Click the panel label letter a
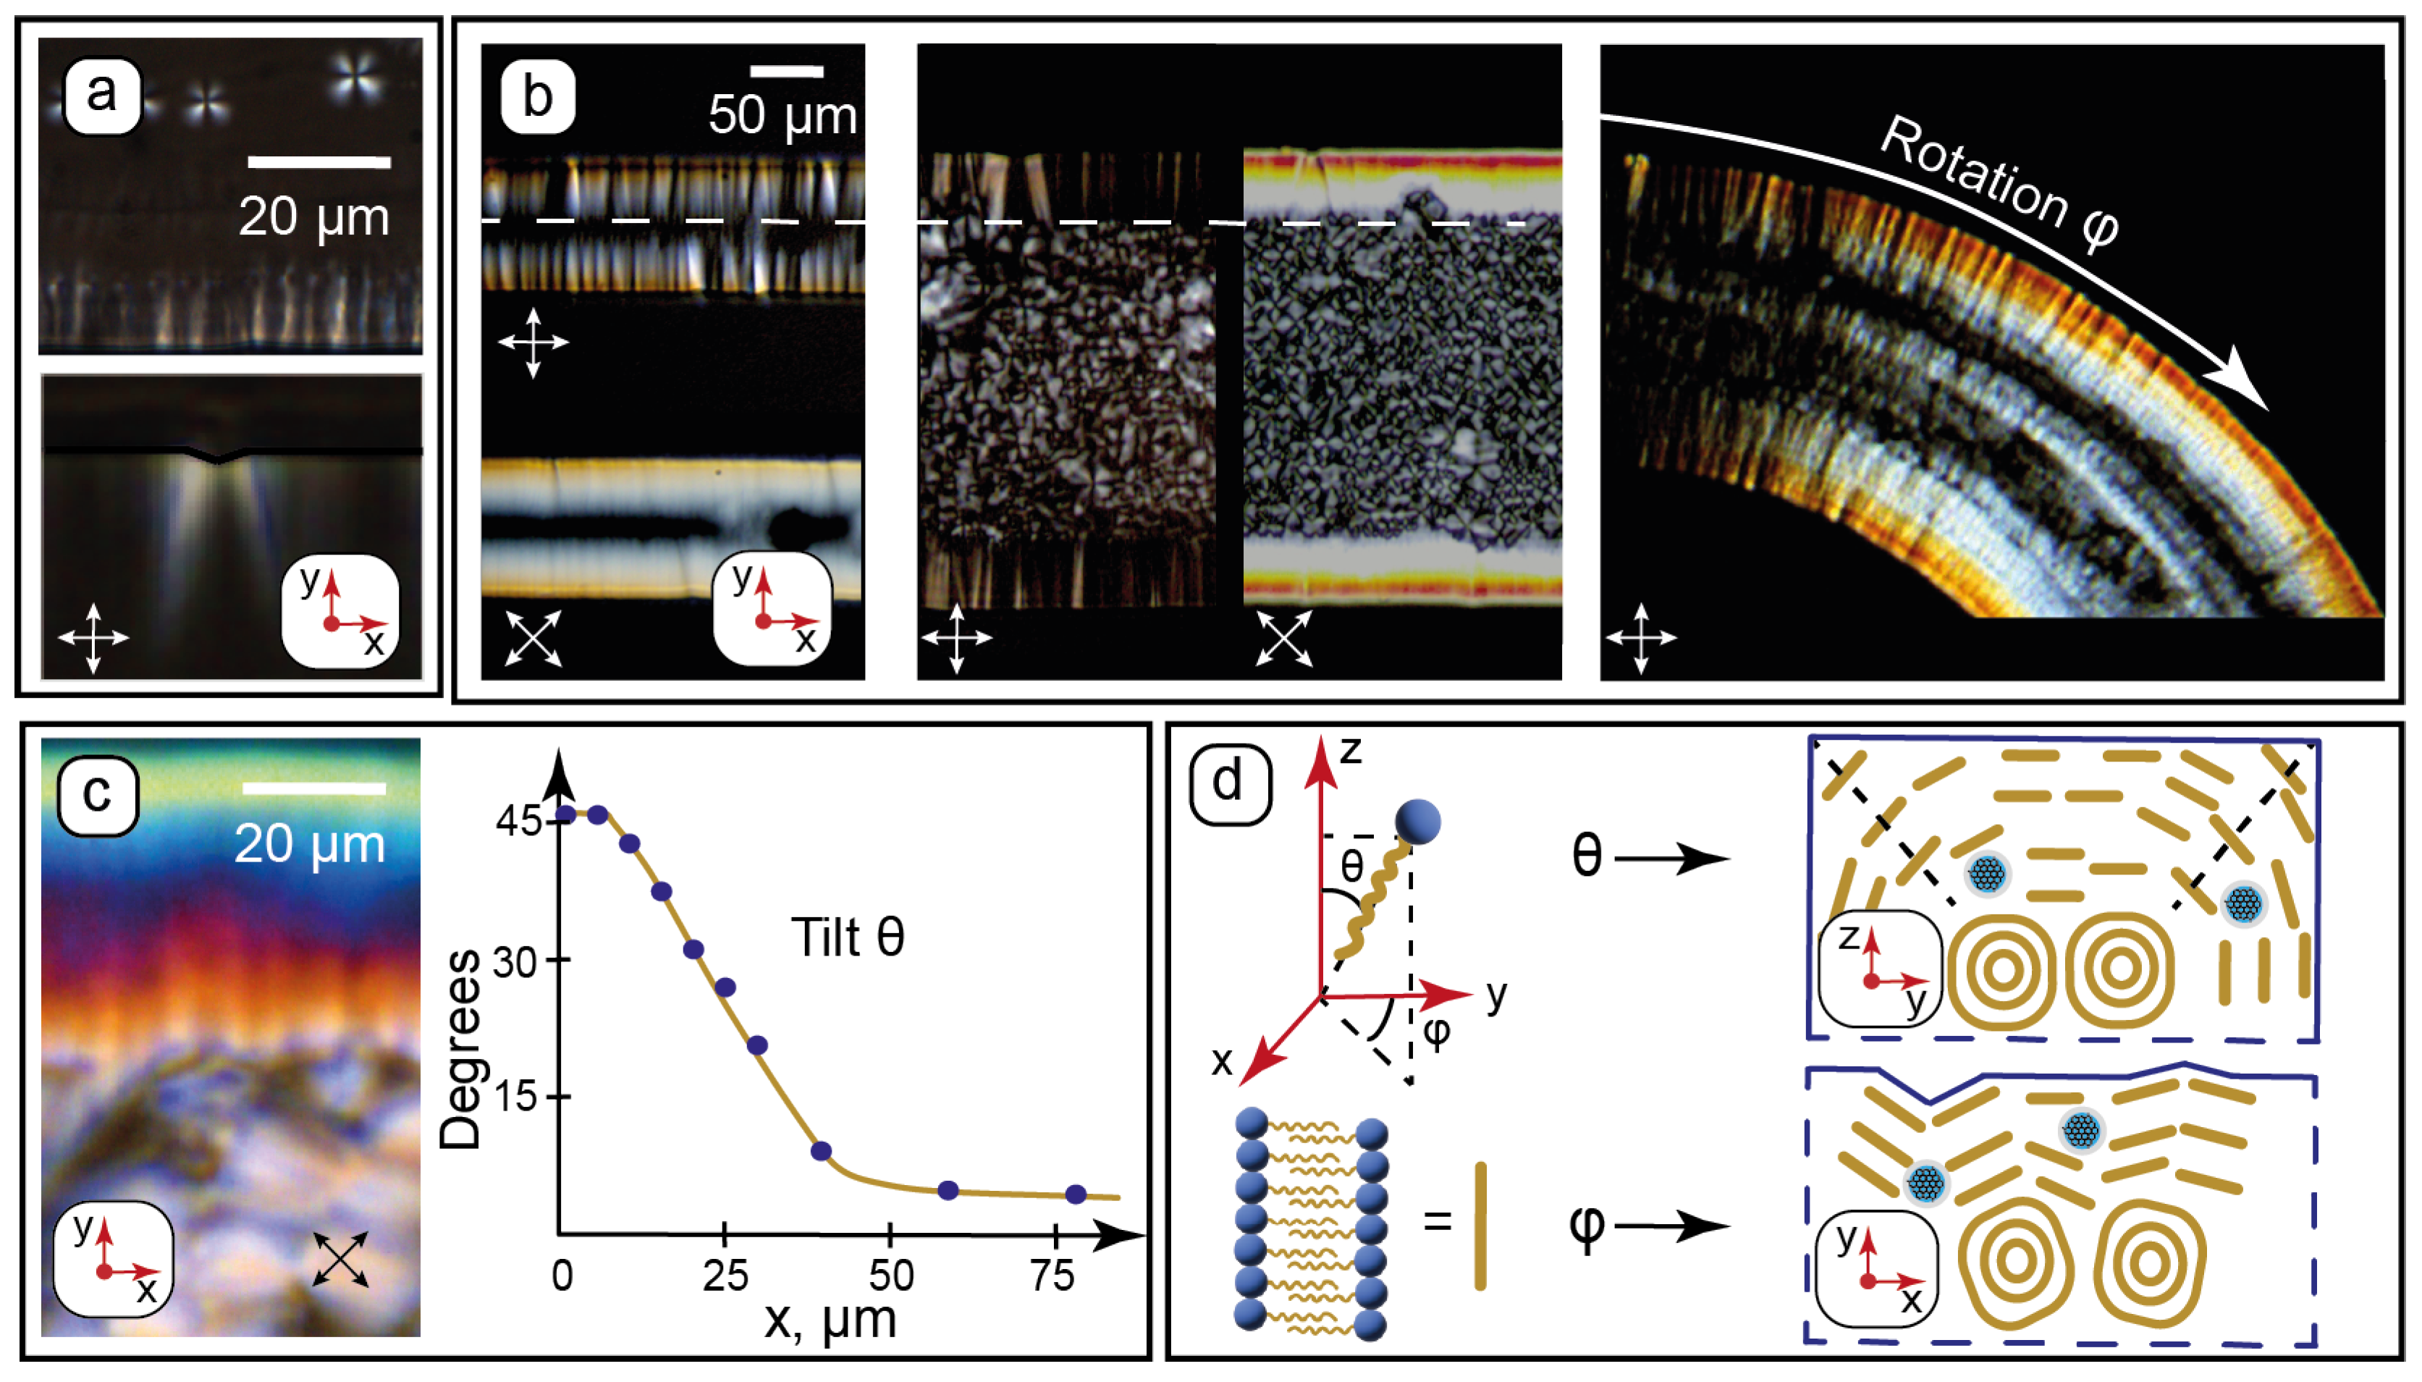tap(101, 95)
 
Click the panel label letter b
tap(537, 97)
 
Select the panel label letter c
tap(98, 794)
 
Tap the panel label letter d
tap(1229, 782)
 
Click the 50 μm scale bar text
tap(782, 116)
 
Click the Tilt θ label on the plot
tap(848, 938)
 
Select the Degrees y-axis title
tap(463, 1049)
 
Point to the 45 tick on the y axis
tap(518, 820)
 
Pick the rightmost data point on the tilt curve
tap(1076, 1194)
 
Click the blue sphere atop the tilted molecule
tap(1418, 822)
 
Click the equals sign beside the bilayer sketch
tap(1438, 1220)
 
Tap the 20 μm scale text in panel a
tap(313, 217)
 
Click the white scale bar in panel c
tap(313, 788)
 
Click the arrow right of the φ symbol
tap(1672, 1226)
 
